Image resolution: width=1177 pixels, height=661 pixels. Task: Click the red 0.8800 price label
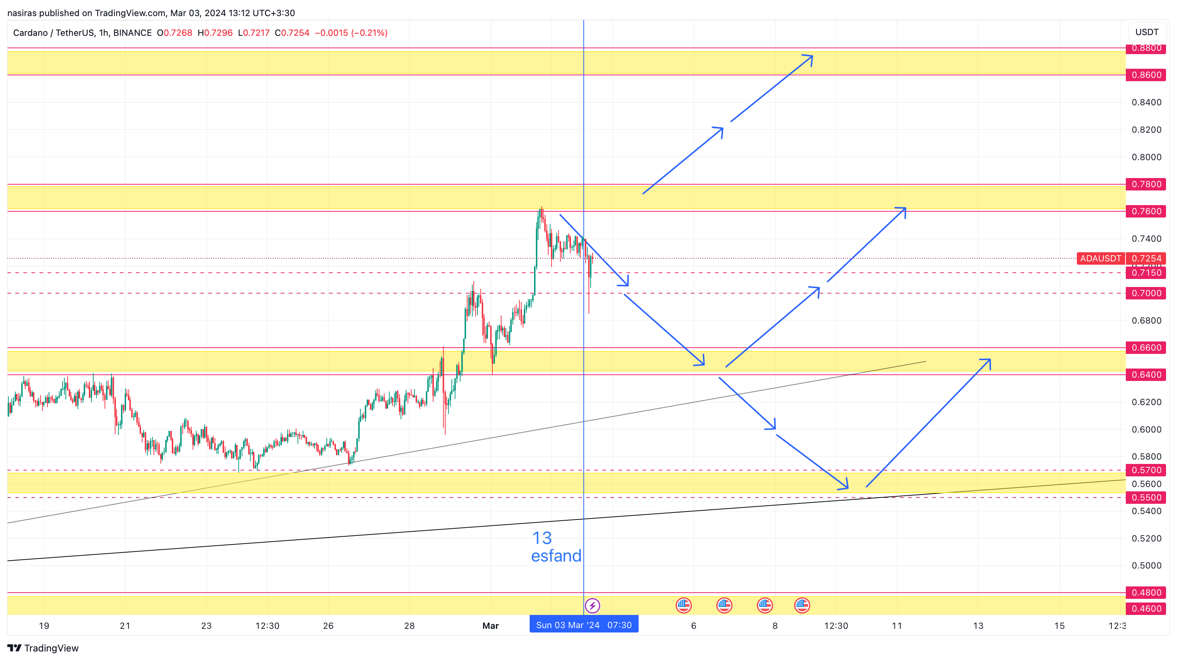[x=1146, y=48]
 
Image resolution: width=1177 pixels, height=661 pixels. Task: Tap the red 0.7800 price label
[x=1146, y=184]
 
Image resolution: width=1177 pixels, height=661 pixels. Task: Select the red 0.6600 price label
[x=1146, y=347]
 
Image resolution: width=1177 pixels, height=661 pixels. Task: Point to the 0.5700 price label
[x=1146, y=470]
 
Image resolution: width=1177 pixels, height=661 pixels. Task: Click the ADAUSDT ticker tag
[x=1100, y=258]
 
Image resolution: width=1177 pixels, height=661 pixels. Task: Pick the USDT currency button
[x=1146, y=32]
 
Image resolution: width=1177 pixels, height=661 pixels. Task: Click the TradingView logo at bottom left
[x=43, y=648]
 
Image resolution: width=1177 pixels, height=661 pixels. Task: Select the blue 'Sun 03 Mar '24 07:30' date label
[x=583, y=625]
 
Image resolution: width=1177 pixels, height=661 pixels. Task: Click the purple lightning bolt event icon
[x=592, y=606]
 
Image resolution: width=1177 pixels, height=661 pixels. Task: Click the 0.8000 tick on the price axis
[x=1146, y=157]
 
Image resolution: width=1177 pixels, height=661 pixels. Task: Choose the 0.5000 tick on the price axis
[x=1146, y=566]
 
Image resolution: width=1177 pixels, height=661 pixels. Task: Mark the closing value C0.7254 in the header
[x=292, y=33]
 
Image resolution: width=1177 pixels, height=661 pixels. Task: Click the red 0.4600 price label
[x=1146, y=608]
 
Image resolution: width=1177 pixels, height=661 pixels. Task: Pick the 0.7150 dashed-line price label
[x=1146, y=273]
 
